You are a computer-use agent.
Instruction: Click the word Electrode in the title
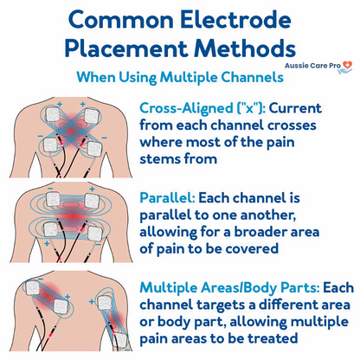pyautogui.click(x=235, y=20)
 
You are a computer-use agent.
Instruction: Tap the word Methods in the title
pyautogui.click(x=245, y=48)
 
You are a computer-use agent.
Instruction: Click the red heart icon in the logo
pyautogui.click(x=347, y=65)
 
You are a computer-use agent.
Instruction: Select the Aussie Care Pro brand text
pyautogui.click(x=312, y=66)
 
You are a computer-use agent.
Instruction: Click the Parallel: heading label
pyautogui.click(x=168, y=198)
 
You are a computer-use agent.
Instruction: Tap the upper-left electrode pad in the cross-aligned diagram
pyautogui.click(x=53, y=114)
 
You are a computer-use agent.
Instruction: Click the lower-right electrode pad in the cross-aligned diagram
pyautogui.click(x=95, y=150)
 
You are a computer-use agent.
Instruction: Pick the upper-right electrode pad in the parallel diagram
pyautogui.click(x=92, y=201)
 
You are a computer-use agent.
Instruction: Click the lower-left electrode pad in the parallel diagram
pyautogui.click(x=51, y=230)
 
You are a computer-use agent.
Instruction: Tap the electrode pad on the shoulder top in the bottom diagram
pyautogui.click(x=33, y=288)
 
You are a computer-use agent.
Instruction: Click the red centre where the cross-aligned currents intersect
pyautogui.click(x=71, y=132)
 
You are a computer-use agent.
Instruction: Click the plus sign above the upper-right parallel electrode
pyautogui.click(x=92, y=189)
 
